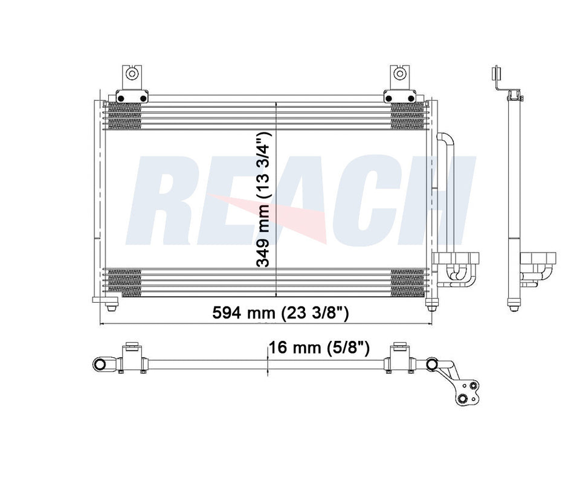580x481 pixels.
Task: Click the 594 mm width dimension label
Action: pyautogui.click(x=280, y=313)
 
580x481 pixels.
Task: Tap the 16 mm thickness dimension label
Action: pyautogui.click(x=319, y=348)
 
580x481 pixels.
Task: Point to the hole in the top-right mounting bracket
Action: pyautogui.click(x=399, y=74)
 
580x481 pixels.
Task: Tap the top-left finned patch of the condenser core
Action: pyautogui.click(x=124, y=115)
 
